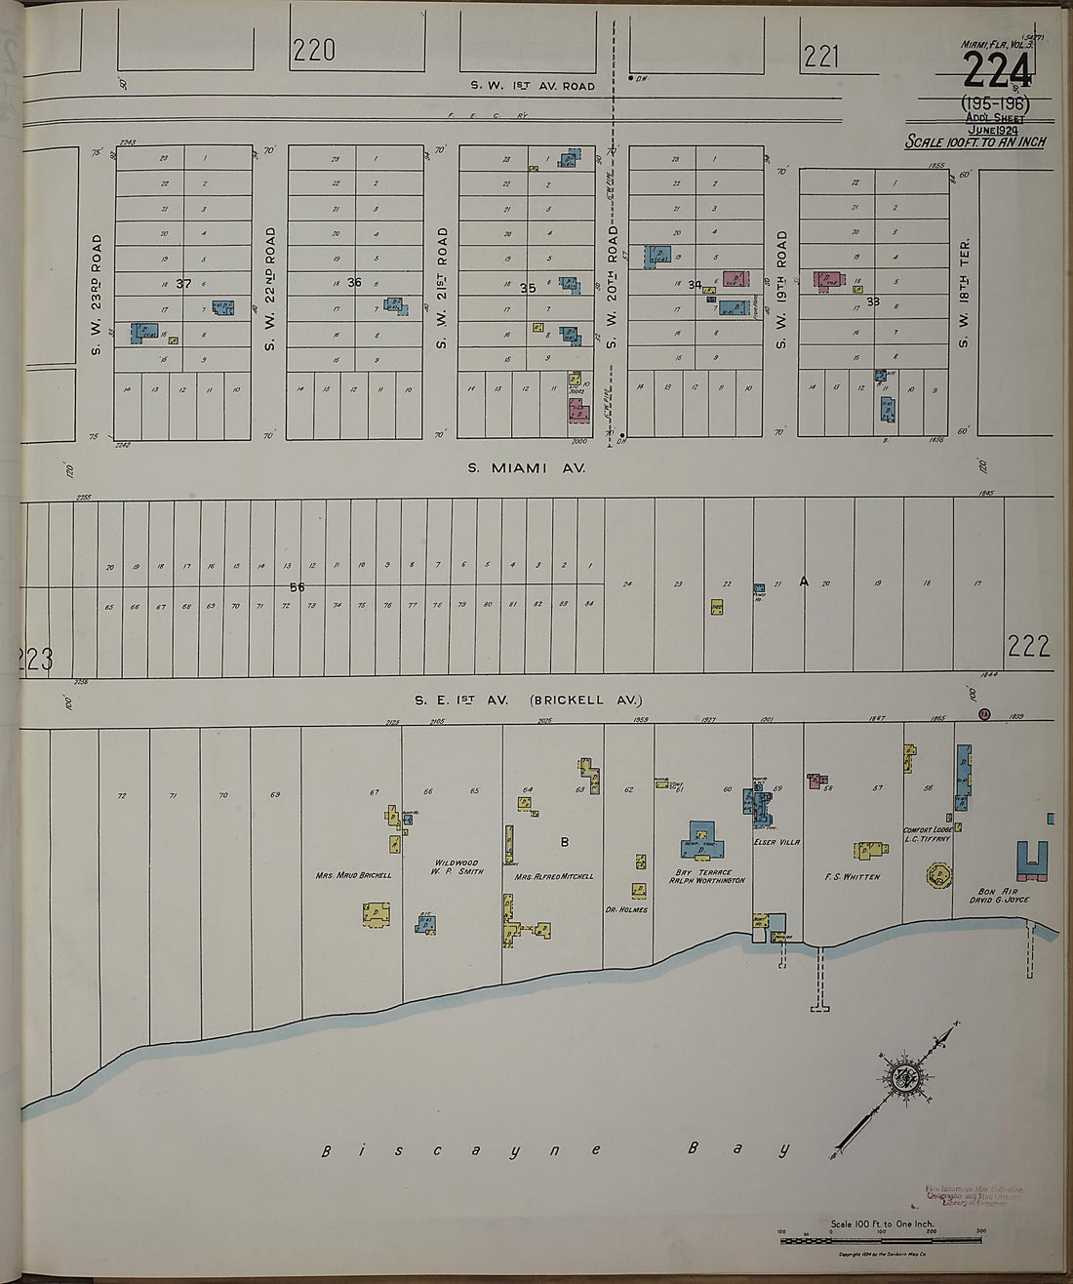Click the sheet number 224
tap(996, 69)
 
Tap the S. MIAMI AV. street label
tap(526, 468)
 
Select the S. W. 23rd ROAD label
tap(97, 293)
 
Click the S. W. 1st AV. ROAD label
tap(533, 86)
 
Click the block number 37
tap(183, 284)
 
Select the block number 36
tap(354, 283)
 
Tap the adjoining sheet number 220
tap(313, 50)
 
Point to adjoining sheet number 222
tap(1028, 646)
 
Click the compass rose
tap(902, 1078)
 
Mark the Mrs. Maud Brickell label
tap(353, 875)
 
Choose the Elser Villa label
tap(776, 842)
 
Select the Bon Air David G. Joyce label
tap(1003, 896)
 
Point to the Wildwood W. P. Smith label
tap(457, 867)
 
